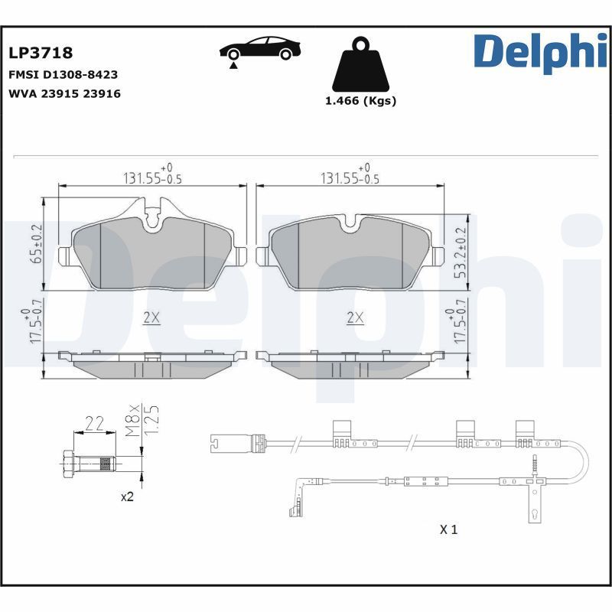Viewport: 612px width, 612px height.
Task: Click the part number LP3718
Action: coord(41,53)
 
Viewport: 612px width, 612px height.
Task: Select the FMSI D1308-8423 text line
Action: coord(63,75)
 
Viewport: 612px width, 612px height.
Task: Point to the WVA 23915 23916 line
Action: coord(64,93)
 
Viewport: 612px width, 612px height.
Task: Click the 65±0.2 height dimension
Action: coord(35,244)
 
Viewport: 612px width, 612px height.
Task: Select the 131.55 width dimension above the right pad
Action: coord(349,177)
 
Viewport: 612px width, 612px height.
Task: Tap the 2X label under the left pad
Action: coord(151,318)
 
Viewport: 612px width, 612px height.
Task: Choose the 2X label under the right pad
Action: coord(353,318)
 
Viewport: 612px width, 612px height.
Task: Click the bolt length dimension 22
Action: coord(94,423)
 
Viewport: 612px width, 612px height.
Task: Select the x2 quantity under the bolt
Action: coord(127,496)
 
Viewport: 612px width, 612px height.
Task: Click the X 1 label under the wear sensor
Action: coord(448,529)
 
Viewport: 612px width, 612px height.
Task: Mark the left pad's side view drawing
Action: coord(153,364)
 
